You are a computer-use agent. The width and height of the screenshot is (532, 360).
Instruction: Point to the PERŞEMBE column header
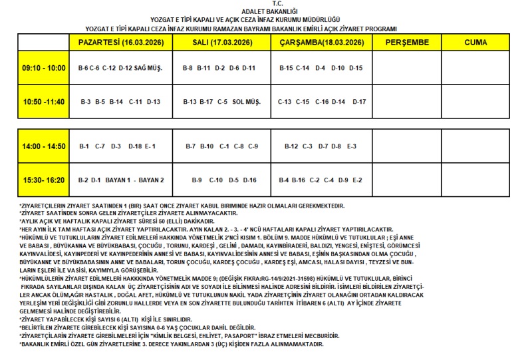(406, 43)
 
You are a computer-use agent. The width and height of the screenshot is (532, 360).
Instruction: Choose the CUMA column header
(475, 43)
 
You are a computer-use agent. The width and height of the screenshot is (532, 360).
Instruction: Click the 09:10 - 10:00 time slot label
(44, 68)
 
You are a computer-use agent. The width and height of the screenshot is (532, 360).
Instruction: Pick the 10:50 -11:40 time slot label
(44, 102)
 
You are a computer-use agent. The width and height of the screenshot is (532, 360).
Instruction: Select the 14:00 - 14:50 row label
(44, 146)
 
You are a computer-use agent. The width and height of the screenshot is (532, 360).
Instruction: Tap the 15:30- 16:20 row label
(44, 180)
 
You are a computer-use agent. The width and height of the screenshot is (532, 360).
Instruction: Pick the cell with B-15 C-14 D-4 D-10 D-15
(321, 68)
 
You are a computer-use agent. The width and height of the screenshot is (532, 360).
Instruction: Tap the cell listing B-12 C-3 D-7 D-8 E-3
(321, 146)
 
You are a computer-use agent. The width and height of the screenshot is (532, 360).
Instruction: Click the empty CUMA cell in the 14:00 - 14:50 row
(475, 146)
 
